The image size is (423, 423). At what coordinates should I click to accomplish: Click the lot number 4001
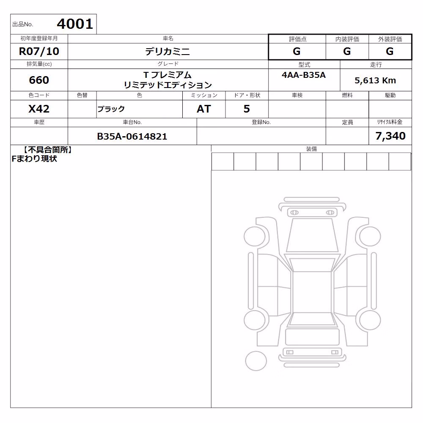click(75, 24)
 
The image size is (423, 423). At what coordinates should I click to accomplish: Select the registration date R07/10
click(39, 51)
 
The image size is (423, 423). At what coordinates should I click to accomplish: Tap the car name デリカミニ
click(168, 51)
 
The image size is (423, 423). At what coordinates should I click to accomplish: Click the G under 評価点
click(297, 51)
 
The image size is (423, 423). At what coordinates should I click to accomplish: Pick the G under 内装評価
click(347, 51)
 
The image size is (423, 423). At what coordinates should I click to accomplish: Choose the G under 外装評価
click(390, 51)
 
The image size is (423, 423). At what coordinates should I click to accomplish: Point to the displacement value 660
click(39, 80)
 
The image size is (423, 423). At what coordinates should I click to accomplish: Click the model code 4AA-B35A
click(304, 75)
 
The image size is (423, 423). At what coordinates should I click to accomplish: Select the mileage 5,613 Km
click(375, 80)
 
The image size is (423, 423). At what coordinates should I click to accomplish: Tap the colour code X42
click(39, 109)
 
